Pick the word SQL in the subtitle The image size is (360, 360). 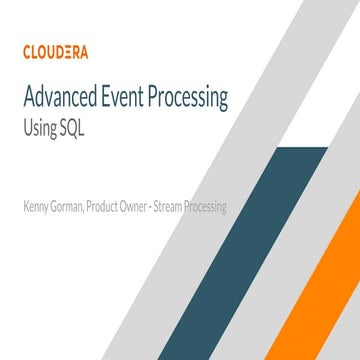tap(74, 129)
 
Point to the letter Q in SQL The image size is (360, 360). tap(73, 129)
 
